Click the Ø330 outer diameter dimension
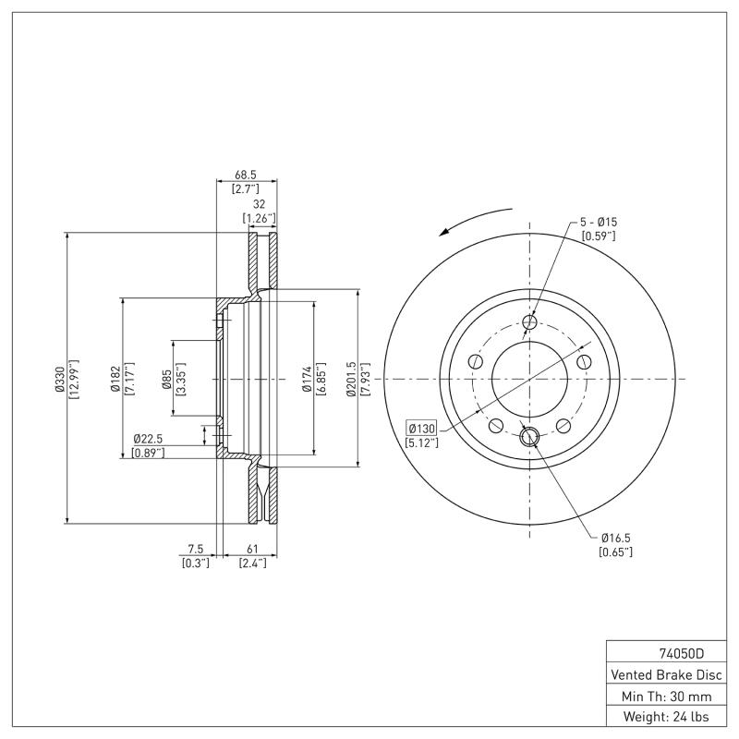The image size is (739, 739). (x=59, y=380)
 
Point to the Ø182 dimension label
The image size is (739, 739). (x=115, y=380)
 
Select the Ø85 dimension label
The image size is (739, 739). (x=166, y=380)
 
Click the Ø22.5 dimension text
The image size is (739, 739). (x=149, y=438)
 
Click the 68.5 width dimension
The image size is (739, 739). (x=245, y=174)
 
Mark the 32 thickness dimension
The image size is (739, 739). (x=259, y=205)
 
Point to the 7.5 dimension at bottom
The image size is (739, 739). (x=196, y=549)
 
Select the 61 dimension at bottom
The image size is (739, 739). (x=252, y=549)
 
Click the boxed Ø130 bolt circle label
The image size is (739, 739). (x=421, y=429)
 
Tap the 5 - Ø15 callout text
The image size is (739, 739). (x=599, y=222)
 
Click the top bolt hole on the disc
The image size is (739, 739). (x=529, y=322)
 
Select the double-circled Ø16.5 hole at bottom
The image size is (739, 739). (x=529, y=437)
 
